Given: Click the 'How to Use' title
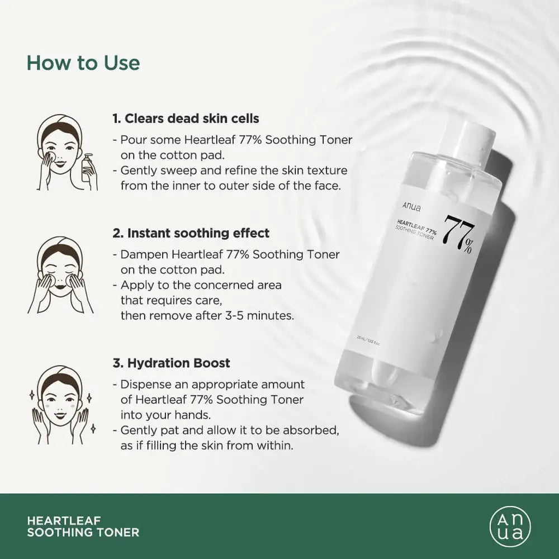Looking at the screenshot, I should click(x=83, y=63).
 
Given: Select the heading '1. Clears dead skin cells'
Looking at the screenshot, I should click(x=186, y=119).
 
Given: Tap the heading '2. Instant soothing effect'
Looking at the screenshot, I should click(x=191, y=233).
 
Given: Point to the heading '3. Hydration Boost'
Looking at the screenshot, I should click(x=171, y=363).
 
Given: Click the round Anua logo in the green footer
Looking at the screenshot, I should click(x=510, y=526).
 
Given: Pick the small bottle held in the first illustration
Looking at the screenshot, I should click(x=88, y=168).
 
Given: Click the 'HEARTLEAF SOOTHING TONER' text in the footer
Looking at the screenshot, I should click(x=83, y=527).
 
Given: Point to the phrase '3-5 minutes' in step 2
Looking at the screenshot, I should click(x=263, y=315).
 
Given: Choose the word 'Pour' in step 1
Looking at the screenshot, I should click(x=131, y=140).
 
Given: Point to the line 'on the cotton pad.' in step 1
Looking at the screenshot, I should click(x=164, y=155).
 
